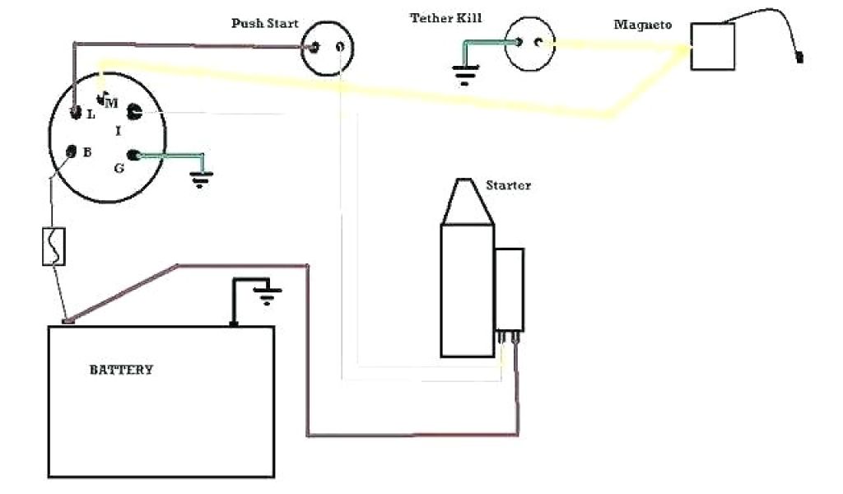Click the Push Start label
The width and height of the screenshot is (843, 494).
pos(264,23)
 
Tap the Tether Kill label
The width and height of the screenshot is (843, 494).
pos(445,18)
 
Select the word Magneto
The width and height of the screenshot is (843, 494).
pos(643,26)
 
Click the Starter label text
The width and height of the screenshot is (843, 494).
pos(508,185)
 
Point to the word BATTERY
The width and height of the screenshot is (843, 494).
pos(121,370)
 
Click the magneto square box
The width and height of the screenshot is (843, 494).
pos(712,46)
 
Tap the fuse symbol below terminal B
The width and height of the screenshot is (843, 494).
pos(54,246)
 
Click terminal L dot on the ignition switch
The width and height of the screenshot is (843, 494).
pos(76,112)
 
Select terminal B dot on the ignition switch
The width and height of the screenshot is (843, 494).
pos(71,152)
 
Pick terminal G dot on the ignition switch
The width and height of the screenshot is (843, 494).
pos(133,156)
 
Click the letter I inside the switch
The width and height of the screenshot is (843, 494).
pos(119,131)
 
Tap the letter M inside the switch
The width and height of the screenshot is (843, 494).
pos(111,104)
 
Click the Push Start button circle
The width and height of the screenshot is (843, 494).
pos(326,49)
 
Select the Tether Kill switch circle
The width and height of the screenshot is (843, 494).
pos(528,43)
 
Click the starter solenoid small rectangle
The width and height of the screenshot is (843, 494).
pos(509,288)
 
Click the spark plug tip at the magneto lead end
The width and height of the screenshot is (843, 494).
pos(799,58)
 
